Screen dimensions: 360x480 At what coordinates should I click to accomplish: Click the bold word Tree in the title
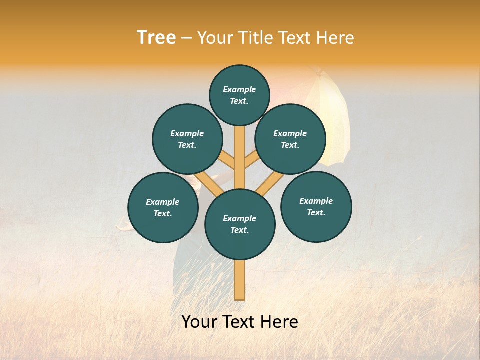pyautogui.click(x=156, y=38)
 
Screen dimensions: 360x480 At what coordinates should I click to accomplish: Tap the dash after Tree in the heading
pyautogui.click(x=186, y=38)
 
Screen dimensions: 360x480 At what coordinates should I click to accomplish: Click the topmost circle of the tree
pyautogui.click(x=239, y=95)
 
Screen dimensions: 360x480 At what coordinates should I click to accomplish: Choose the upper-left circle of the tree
pyautogui.click(x=187, y=139)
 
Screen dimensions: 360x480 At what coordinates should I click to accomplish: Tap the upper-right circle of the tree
pyautogui.click(x=290, y=139)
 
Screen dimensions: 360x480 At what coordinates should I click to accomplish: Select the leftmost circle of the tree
pyautogui.click(x=162, y=207)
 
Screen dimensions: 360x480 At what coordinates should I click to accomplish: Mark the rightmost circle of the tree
pyautogui.click(x=316, y=206)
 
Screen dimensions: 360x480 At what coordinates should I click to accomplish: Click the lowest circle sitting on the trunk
pyautogui.click(x=240, y=224)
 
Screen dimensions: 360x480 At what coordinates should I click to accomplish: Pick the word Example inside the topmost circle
pyautogui.click(x=239, y=89)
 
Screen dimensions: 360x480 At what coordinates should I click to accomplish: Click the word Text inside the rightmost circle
pyautogui.click(x=316, y=212)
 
